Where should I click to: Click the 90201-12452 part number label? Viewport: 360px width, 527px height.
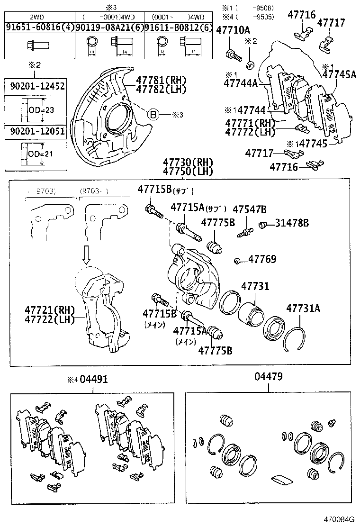pyautogui.click(x=36, y=86)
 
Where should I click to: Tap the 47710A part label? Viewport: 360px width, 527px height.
pyautogui.click(x=233, y=31)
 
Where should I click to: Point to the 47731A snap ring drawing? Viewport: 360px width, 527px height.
pyautogui.click(x=296, y=339)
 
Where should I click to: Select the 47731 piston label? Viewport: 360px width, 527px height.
pyautogui.click(x=255, y=286)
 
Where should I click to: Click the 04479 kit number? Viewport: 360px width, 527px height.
pyautogui.click(x=268, y=377)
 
